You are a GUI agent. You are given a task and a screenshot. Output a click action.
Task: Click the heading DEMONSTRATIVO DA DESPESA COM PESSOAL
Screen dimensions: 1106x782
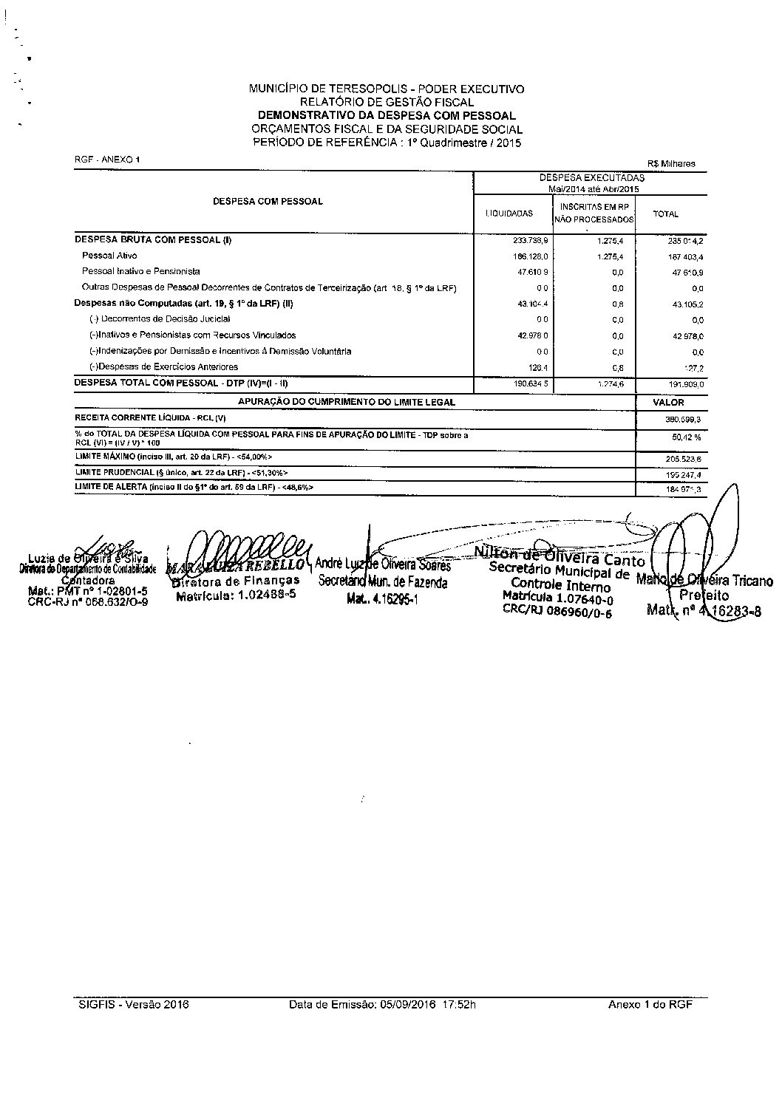386,115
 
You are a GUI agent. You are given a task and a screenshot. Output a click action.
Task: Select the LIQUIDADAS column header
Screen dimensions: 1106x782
509,214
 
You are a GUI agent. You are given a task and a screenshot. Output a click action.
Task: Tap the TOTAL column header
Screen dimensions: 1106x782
665,214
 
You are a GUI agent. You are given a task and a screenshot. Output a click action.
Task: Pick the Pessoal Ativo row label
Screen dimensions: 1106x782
109,256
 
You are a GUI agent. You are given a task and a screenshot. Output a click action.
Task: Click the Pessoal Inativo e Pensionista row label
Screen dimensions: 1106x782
140,271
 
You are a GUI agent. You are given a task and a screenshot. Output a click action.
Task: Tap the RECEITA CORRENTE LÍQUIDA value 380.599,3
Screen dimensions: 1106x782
683,419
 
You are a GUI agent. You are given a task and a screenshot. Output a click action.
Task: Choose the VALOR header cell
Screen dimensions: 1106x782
669,403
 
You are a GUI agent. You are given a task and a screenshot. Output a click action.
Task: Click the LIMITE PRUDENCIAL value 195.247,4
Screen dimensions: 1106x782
684,474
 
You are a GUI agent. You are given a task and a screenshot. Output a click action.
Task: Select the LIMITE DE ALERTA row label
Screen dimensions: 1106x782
193,488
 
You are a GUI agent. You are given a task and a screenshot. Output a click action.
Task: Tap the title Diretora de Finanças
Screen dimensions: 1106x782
235,581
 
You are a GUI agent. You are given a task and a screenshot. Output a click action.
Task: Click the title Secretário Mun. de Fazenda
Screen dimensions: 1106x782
383,582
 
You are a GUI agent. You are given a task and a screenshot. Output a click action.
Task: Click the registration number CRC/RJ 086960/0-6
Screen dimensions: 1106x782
557,610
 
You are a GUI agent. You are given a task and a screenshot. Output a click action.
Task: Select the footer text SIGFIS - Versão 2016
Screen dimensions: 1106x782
134,1005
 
